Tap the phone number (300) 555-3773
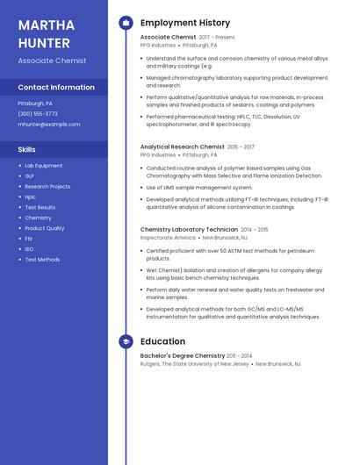tap(38, 114)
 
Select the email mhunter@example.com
tap(49, 125)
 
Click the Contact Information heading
tap(56, 88)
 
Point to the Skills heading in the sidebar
tap(26, 150)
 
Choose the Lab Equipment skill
tap(43, 166)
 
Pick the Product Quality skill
tap(44, 228)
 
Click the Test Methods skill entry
tap(42, 260)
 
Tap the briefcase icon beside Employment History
tap(126, 23)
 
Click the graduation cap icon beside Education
tap(126, 341)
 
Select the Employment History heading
tap(185, 23)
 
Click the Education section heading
tap(162, 341)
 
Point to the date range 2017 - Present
tap(217, 38)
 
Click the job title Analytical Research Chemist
tap(182, 147)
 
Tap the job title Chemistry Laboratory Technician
tap(189, 230)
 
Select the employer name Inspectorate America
tap(168, 238)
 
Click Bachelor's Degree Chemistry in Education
tap(182, 356)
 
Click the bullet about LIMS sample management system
tap(199, 188)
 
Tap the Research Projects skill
tap(47, 187)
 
